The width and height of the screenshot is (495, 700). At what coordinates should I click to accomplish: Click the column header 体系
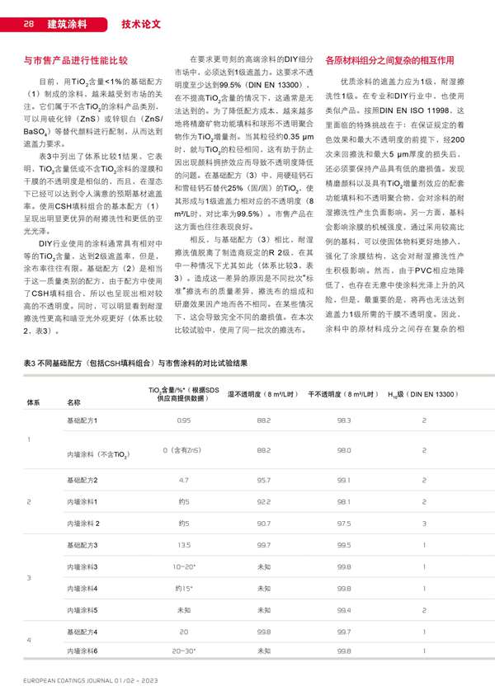tap(34, 402)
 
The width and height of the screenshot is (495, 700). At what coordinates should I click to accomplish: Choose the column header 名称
tap(73, 402)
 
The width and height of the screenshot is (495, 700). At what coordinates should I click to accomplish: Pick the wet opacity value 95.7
tap(264, 479)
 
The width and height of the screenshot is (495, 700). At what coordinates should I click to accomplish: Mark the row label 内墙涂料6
tap(82, 652)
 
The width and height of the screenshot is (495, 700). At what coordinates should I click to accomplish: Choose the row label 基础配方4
tap(82, 631)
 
